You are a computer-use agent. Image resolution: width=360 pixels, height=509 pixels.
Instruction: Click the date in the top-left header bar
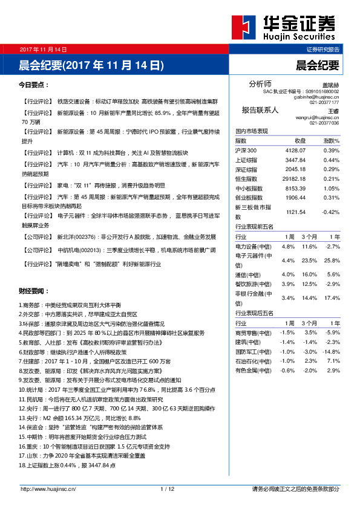click(x=43, y=49)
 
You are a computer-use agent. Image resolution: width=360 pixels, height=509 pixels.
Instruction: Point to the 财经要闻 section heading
click(x=34, y=291)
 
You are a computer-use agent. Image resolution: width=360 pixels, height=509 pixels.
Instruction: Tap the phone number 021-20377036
click(x=324, y=123)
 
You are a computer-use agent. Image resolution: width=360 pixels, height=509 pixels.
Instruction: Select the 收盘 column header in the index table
click(x=300, y=140)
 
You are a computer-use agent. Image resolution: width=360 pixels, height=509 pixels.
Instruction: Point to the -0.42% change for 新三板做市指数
click(x=330, y=212)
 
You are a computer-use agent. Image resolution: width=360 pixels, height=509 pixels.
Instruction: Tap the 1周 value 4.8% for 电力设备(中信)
click(x=288, y=247)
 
